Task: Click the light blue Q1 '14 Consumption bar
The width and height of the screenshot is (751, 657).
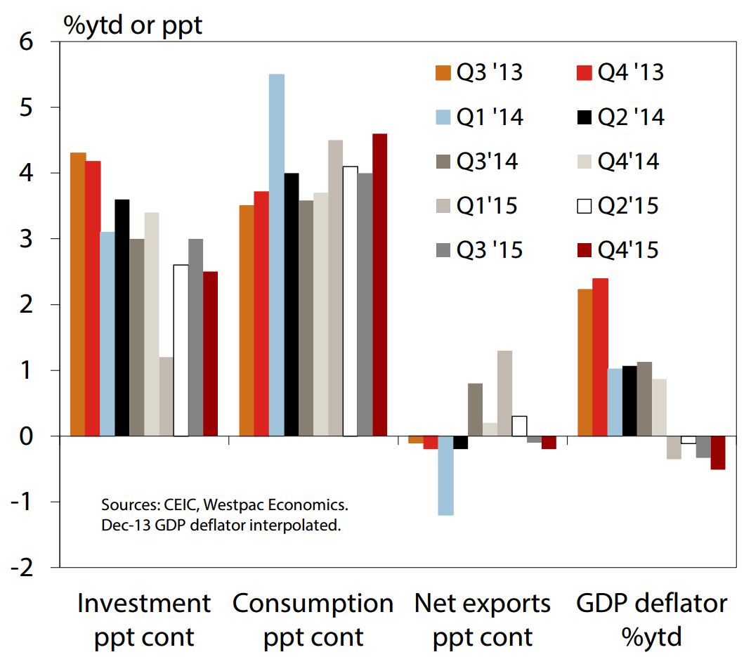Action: [x=276, y=254]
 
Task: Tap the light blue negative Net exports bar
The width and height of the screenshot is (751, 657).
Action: [x=445, y=476]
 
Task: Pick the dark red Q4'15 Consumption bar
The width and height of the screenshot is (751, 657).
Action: [x=379, y=285]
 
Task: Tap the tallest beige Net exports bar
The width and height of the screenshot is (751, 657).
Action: [x=504, y=393]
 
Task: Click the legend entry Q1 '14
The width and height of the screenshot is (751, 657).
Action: [x=478, y=117]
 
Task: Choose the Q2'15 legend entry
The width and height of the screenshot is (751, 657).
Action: [x=618, y=206]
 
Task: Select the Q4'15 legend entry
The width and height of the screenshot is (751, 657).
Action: [x=618, y=250]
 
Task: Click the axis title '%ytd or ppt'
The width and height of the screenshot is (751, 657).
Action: [x=133, y=25]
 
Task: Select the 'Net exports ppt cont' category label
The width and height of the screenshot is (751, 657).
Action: [x=483, y=620]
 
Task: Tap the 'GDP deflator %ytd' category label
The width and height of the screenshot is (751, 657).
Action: [x=651, y=620]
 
